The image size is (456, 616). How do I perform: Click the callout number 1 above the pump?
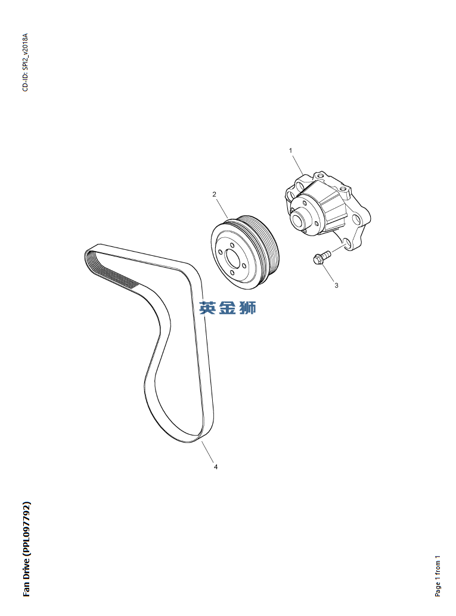291,150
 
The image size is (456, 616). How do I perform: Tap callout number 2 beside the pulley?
214,194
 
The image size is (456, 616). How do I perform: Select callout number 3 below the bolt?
336,286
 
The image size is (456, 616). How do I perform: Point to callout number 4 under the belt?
216,467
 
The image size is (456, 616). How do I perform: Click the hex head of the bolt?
317,259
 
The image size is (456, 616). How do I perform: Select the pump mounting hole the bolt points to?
346,244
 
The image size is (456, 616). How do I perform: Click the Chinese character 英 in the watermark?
207,308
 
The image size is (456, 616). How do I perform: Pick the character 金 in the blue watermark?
228,308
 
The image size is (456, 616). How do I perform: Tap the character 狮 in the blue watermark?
247,308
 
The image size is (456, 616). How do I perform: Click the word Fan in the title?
26,589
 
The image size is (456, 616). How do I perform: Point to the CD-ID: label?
25,81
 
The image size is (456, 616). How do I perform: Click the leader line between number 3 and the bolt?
328,273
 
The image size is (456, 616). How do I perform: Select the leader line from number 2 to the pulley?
222,208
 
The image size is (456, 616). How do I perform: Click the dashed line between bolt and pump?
337,249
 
